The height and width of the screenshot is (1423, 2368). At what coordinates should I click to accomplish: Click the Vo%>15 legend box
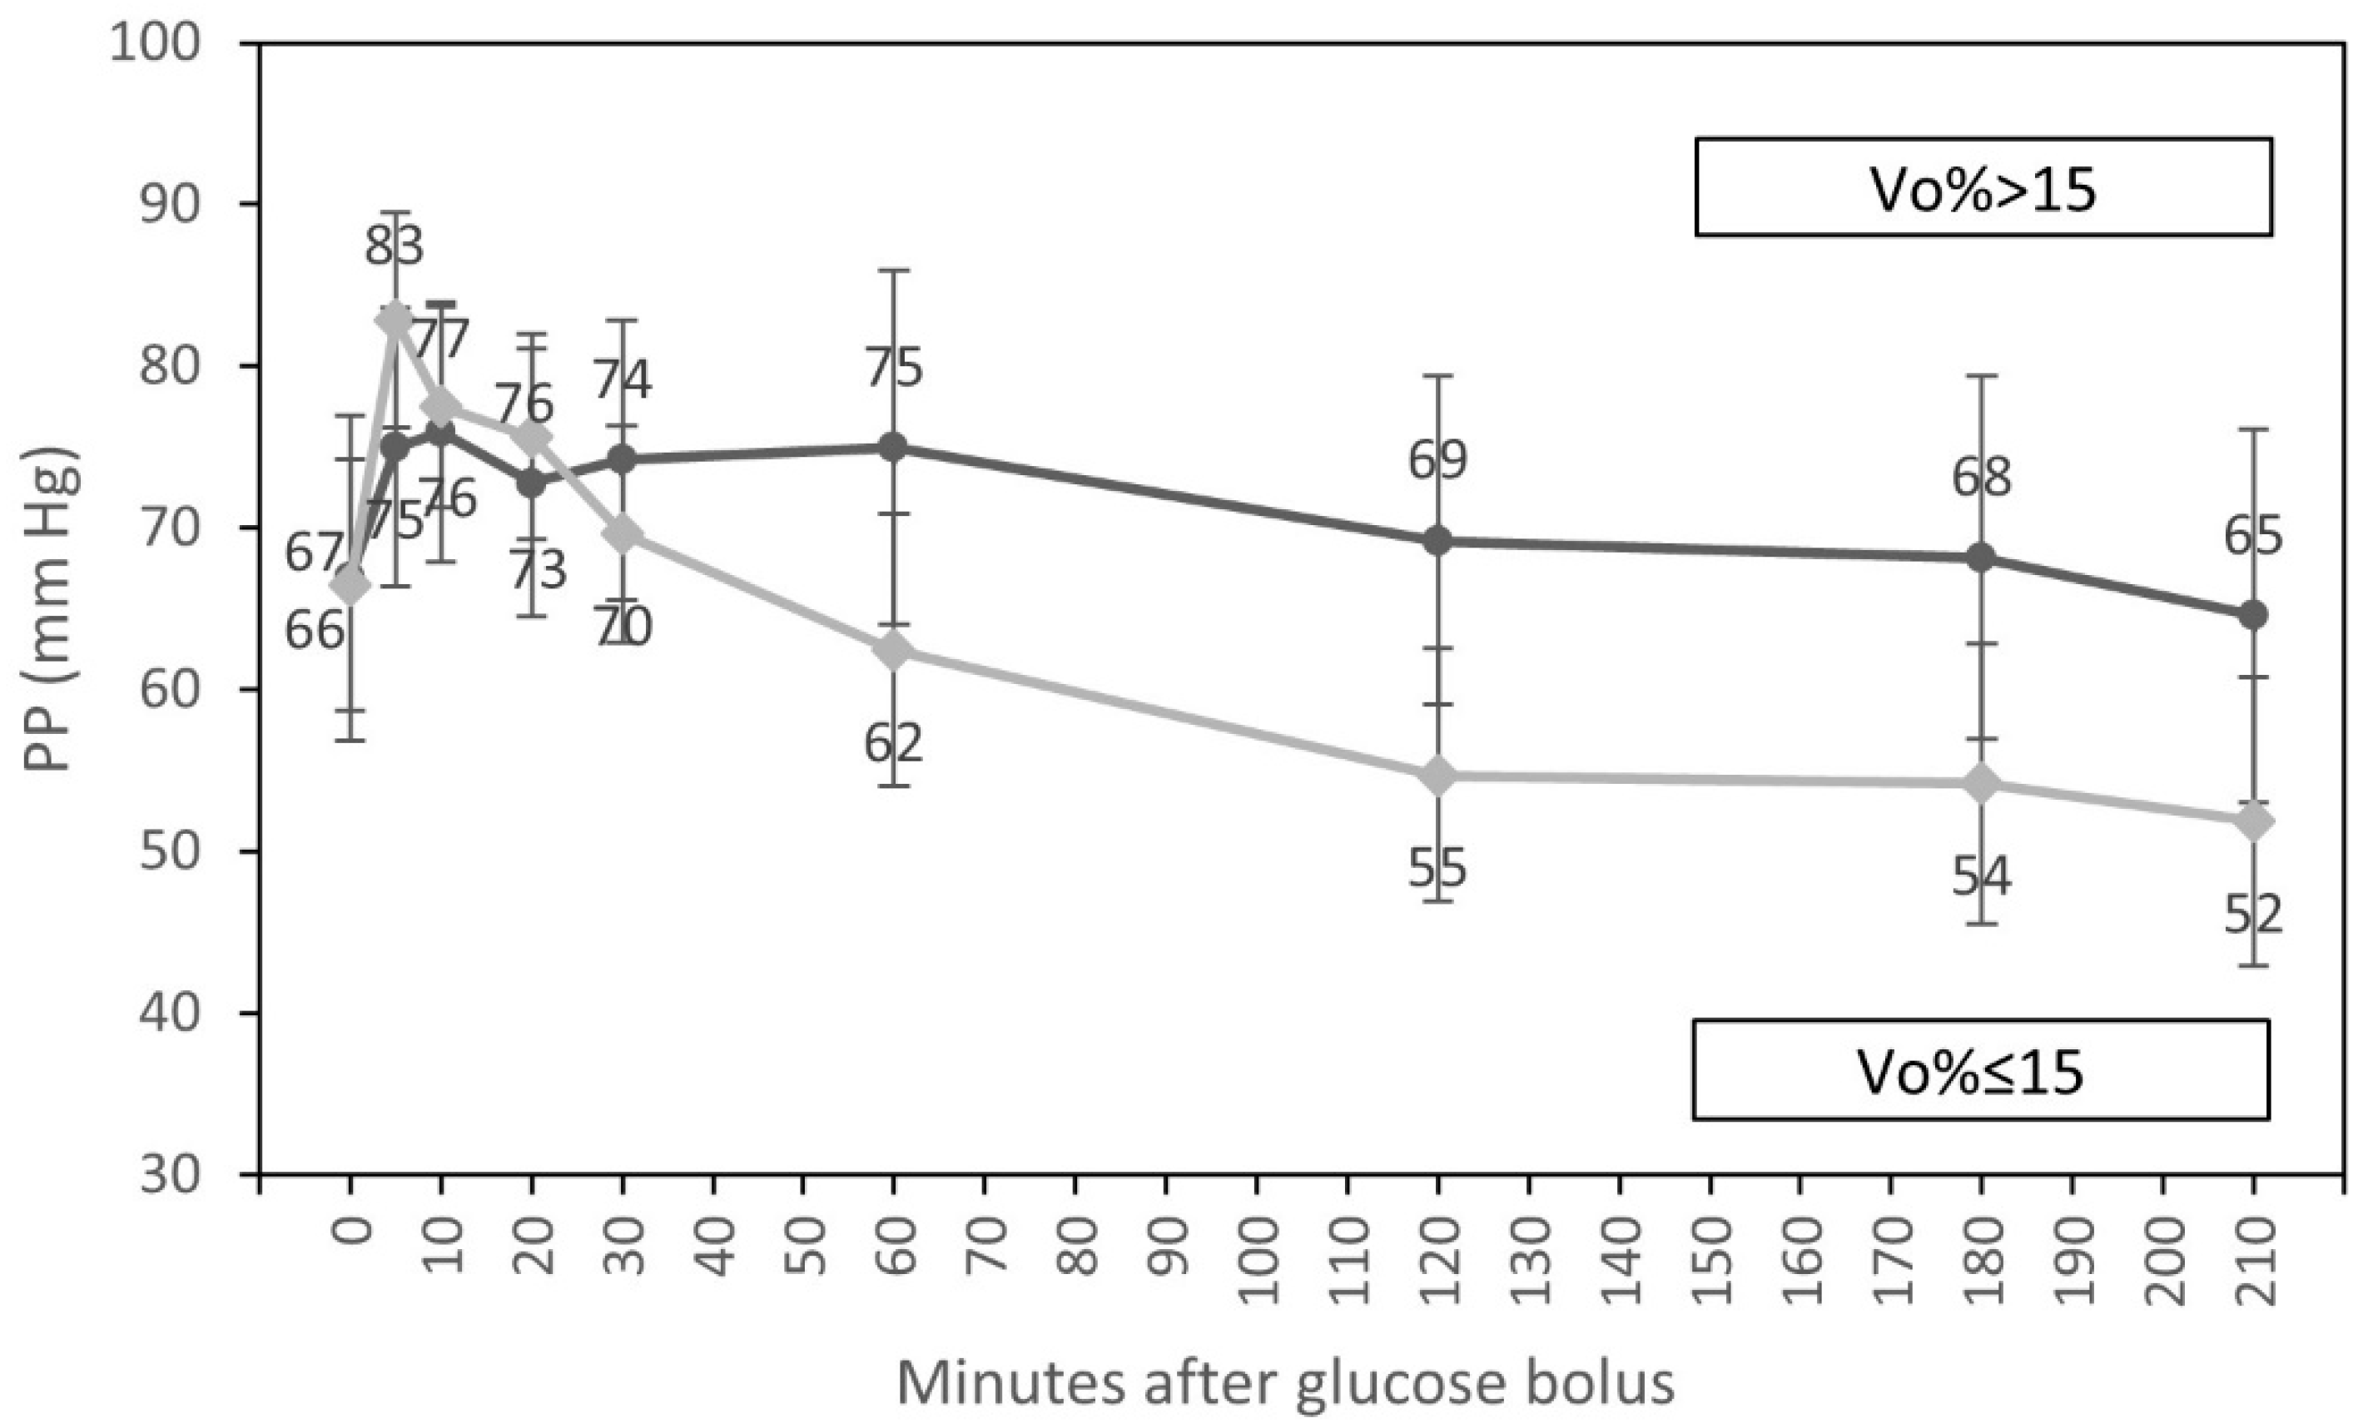(1983, 186)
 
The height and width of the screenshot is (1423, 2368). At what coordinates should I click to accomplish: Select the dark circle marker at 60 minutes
(893, 447)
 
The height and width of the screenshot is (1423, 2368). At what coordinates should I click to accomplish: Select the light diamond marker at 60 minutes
(893, 651)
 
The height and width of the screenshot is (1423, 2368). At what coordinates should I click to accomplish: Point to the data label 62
(893, 743)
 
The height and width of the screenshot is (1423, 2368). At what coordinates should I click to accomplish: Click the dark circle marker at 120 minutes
(1437, 541)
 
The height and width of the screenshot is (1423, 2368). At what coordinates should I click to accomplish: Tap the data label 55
(1437, 869)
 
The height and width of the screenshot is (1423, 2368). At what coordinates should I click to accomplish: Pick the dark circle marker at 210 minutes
(2253, 615)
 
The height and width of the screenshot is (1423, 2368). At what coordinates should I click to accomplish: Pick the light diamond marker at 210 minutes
(2253, 822)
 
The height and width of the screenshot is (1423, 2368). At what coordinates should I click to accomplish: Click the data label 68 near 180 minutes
(1982, 477)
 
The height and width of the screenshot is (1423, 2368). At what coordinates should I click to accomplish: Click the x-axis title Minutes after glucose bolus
(1285, 1383)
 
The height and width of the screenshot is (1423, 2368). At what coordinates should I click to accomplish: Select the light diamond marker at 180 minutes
(1982, 783)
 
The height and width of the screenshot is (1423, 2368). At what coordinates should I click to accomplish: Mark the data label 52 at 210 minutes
(2253, 915)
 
